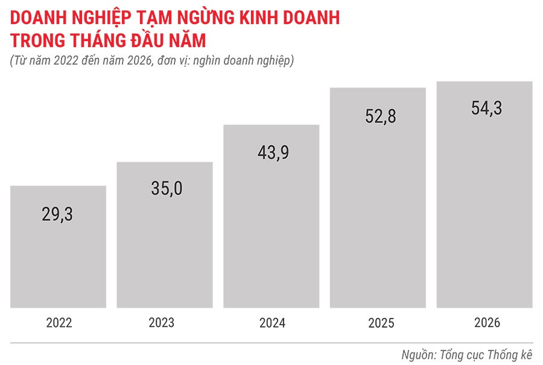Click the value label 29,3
pos(59,213)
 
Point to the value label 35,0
pos(165,188)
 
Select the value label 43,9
pos(271,153)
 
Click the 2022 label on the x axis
pos(59,323)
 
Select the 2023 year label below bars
pos(165,323)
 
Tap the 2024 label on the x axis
pos(272,323)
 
